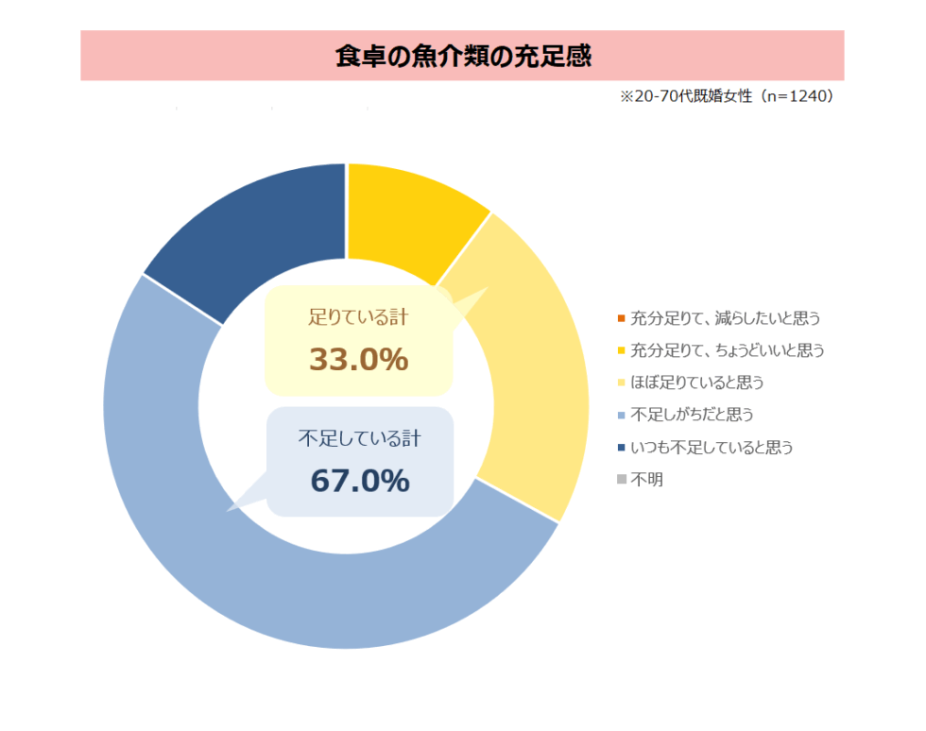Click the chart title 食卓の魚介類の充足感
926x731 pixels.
(x=462, y=57)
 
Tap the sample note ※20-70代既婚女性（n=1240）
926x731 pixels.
(x=727, y=97)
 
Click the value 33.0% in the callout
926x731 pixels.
(x=358, y=360)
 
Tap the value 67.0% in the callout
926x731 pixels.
(x=359, y=481)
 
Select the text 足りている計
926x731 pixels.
(x=358, y=318)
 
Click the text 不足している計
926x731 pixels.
(x=359, y=439)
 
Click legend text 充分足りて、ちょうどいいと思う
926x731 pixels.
(x=728, y=350)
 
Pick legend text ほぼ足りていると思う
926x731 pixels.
(x=696, y=382)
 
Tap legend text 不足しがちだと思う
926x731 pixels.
(x=692, y=415)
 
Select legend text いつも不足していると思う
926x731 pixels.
(x=712, y=447)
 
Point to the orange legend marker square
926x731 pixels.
(x=621, y=318)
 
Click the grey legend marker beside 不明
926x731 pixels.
(x=621, y=480)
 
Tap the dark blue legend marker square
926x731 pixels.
(x=621, y=447)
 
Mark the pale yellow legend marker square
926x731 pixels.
(x=621, y=382)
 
